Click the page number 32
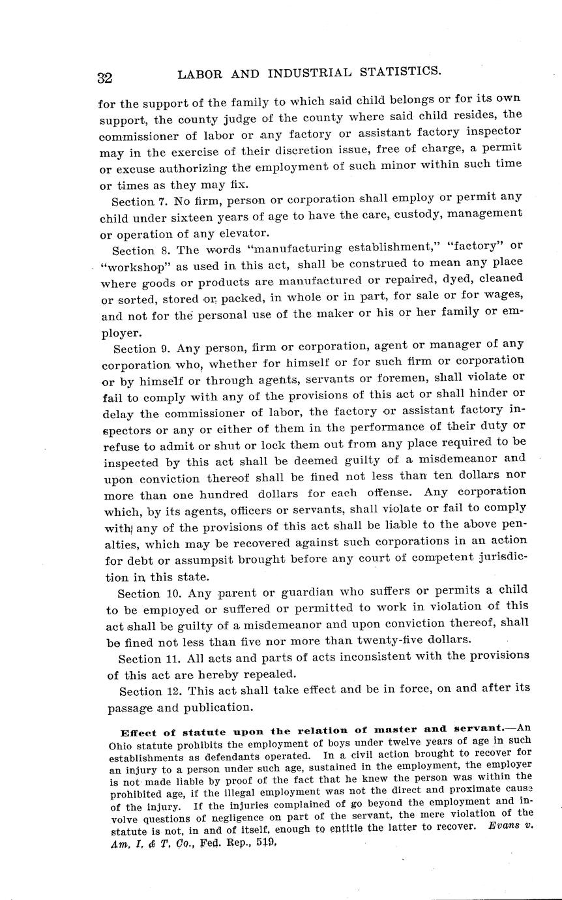[105, 78]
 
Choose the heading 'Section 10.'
[148, 593]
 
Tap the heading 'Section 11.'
[148, 659]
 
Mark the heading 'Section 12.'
[149, 691]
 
